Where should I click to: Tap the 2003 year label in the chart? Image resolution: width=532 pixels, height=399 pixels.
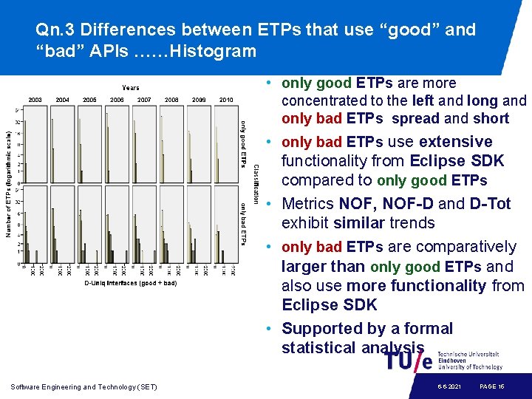(35, 100)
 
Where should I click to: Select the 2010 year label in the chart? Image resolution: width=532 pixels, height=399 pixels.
(226, 100)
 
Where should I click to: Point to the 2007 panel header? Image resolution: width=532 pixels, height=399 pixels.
(144, 100)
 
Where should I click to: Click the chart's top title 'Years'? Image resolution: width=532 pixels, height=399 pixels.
(131, 88)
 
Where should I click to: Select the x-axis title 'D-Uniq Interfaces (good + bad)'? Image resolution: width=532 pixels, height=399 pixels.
(131, 283)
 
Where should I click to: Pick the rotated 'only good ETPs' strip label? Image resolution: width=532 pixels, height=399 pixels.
(244, 143)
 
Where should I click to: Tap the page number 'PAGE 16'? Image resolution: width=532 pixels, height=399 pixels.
(492, 386)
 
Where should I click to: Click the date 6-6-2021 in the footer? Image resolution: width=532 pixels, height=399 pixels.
(449, 386)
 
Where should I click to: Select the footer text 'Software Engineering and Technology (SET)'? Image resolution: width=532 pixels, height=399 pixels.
(84, 386)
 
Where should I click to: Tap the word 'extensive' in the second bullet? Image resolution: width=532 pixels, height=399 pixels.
(455, 142)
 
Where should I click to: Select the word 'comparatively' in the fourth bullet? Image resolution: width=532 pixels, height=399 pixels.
(468, 247)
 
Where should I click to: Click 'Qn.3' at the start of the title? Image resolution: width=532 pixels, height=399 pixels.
(55, 30)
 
